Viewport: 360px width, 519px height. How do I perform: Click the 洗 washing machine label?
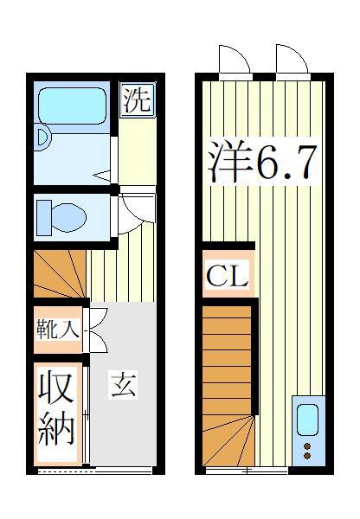click(136, 99)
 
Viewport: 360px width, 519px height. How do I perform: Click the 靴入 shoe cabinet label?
click(58, 329)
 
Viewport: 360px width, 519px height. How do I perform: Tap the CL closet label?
click(227, 277)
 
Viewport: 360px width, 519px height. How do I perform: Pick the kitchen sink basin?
click(307, 420)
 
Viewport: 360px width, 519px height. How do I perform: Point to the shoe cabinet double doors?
click(97, 329)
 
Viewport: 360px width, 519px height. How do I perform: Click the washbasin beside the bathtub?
click(43, 137)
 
